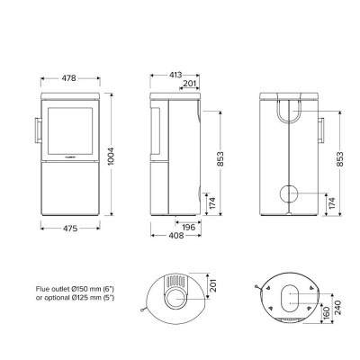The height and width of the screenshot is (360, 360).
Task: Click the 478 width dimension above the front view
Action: click(68, 77)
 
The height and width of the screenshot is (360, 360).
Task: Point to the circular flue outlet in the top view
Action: click(177, 293)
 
